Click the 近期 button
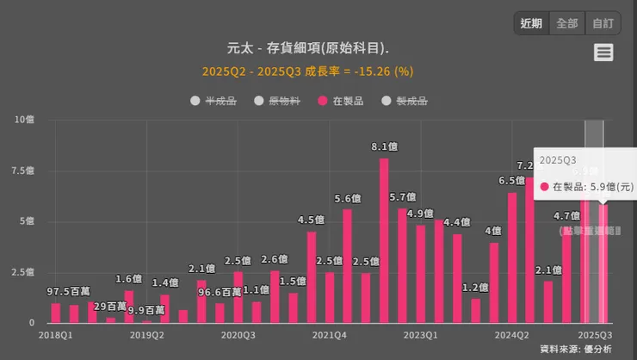531,23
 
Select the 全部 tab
567,23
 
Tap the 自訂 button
603,23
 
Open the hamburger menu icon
603,53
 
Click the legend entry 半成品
213,101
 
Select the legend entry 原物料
277,101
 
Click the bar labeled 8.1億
384,241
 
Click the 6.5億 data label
511,181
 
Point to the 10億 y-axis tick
24,119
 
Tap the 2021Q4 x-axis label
330,334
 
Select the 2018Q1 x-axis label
55,334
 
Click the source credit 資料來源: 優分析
576,349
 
